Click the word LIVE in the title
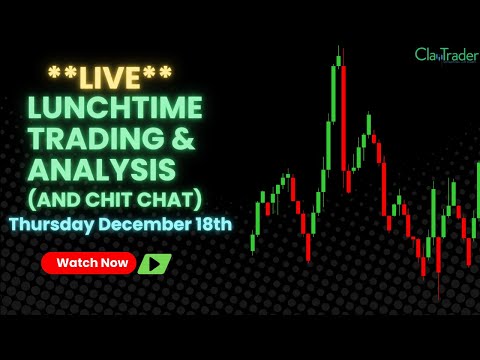(x=110, y=76)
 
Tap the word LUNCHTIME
(x=115, y=108)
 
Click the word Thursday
(x=50, y=224)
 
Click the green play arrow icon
(x=154, y=264)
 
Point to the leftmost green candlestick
(x=253, y=241)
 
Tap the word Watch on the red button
(x=77, y=264)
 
